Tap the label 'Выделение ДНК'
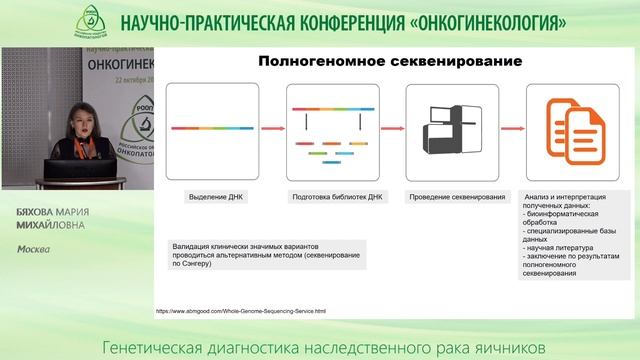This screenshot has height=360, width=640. pos(212,196)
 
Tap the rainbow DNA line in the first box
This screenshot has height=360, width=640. pos(212,127)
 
